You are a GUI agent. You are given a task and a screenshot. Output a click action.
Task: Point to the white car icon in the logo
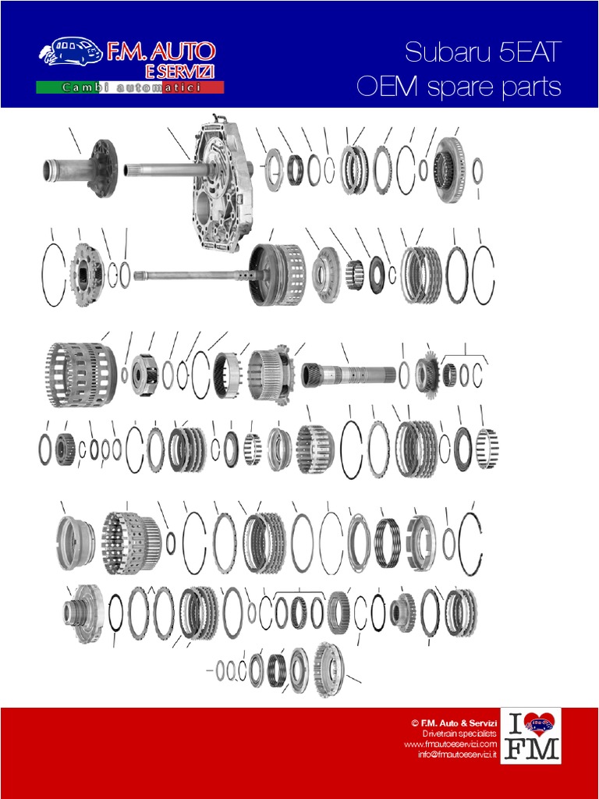[71, 53]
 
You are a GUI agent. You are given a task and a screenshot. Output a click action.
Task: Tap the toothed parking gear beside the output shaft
[426, 374]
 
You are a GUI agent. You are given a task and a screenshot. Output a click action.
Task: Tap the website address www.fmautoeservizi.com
[450, 744]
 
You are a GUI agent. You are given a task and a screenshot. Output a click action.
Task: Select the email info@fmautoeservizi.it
[456, 755]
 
